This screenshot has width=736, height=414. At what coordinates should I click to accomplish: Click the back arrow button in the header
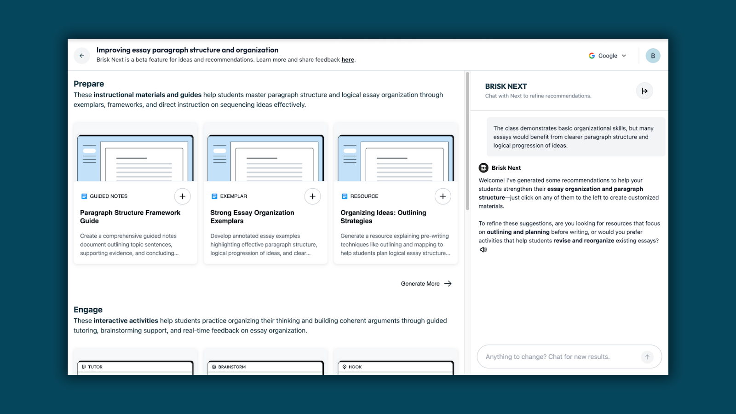82,56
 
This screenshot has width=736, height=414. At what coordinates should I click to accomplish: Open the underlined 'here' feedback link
348,59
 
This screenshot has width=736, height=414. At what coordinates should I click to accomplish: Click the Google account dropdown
608,56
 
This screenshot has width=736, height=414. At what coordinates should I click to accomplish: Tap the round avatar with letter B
653,56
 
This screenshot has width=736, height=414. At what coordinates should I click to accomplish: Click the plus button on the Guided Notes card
182,196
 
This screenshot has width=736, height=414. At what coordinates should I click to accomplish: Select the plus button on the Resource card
443,196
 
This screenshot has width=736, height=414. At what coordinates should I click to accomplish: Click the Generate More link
426,283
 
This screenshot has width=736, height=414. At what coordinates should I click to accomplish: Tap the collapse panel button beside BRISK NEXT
644,91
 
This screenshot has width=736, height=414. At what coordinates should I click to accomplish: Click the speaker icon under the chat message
483,250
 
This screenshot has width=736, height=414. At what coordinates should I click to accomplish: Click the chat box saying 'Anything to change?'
562,356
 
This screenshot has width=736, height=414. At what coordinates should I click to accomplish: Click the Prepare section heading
89,84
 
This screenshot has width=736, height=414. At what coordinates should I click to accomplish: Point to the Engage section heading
88,310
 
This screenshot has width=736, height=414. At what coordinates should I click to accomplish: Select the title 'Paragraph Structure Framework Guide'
130,217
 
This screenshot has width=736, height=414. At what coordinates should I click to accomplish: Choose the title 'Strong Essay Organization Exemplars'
252,217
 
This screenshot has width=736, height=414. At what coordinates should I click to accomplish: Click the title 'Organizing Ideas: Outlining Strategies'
383,217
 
